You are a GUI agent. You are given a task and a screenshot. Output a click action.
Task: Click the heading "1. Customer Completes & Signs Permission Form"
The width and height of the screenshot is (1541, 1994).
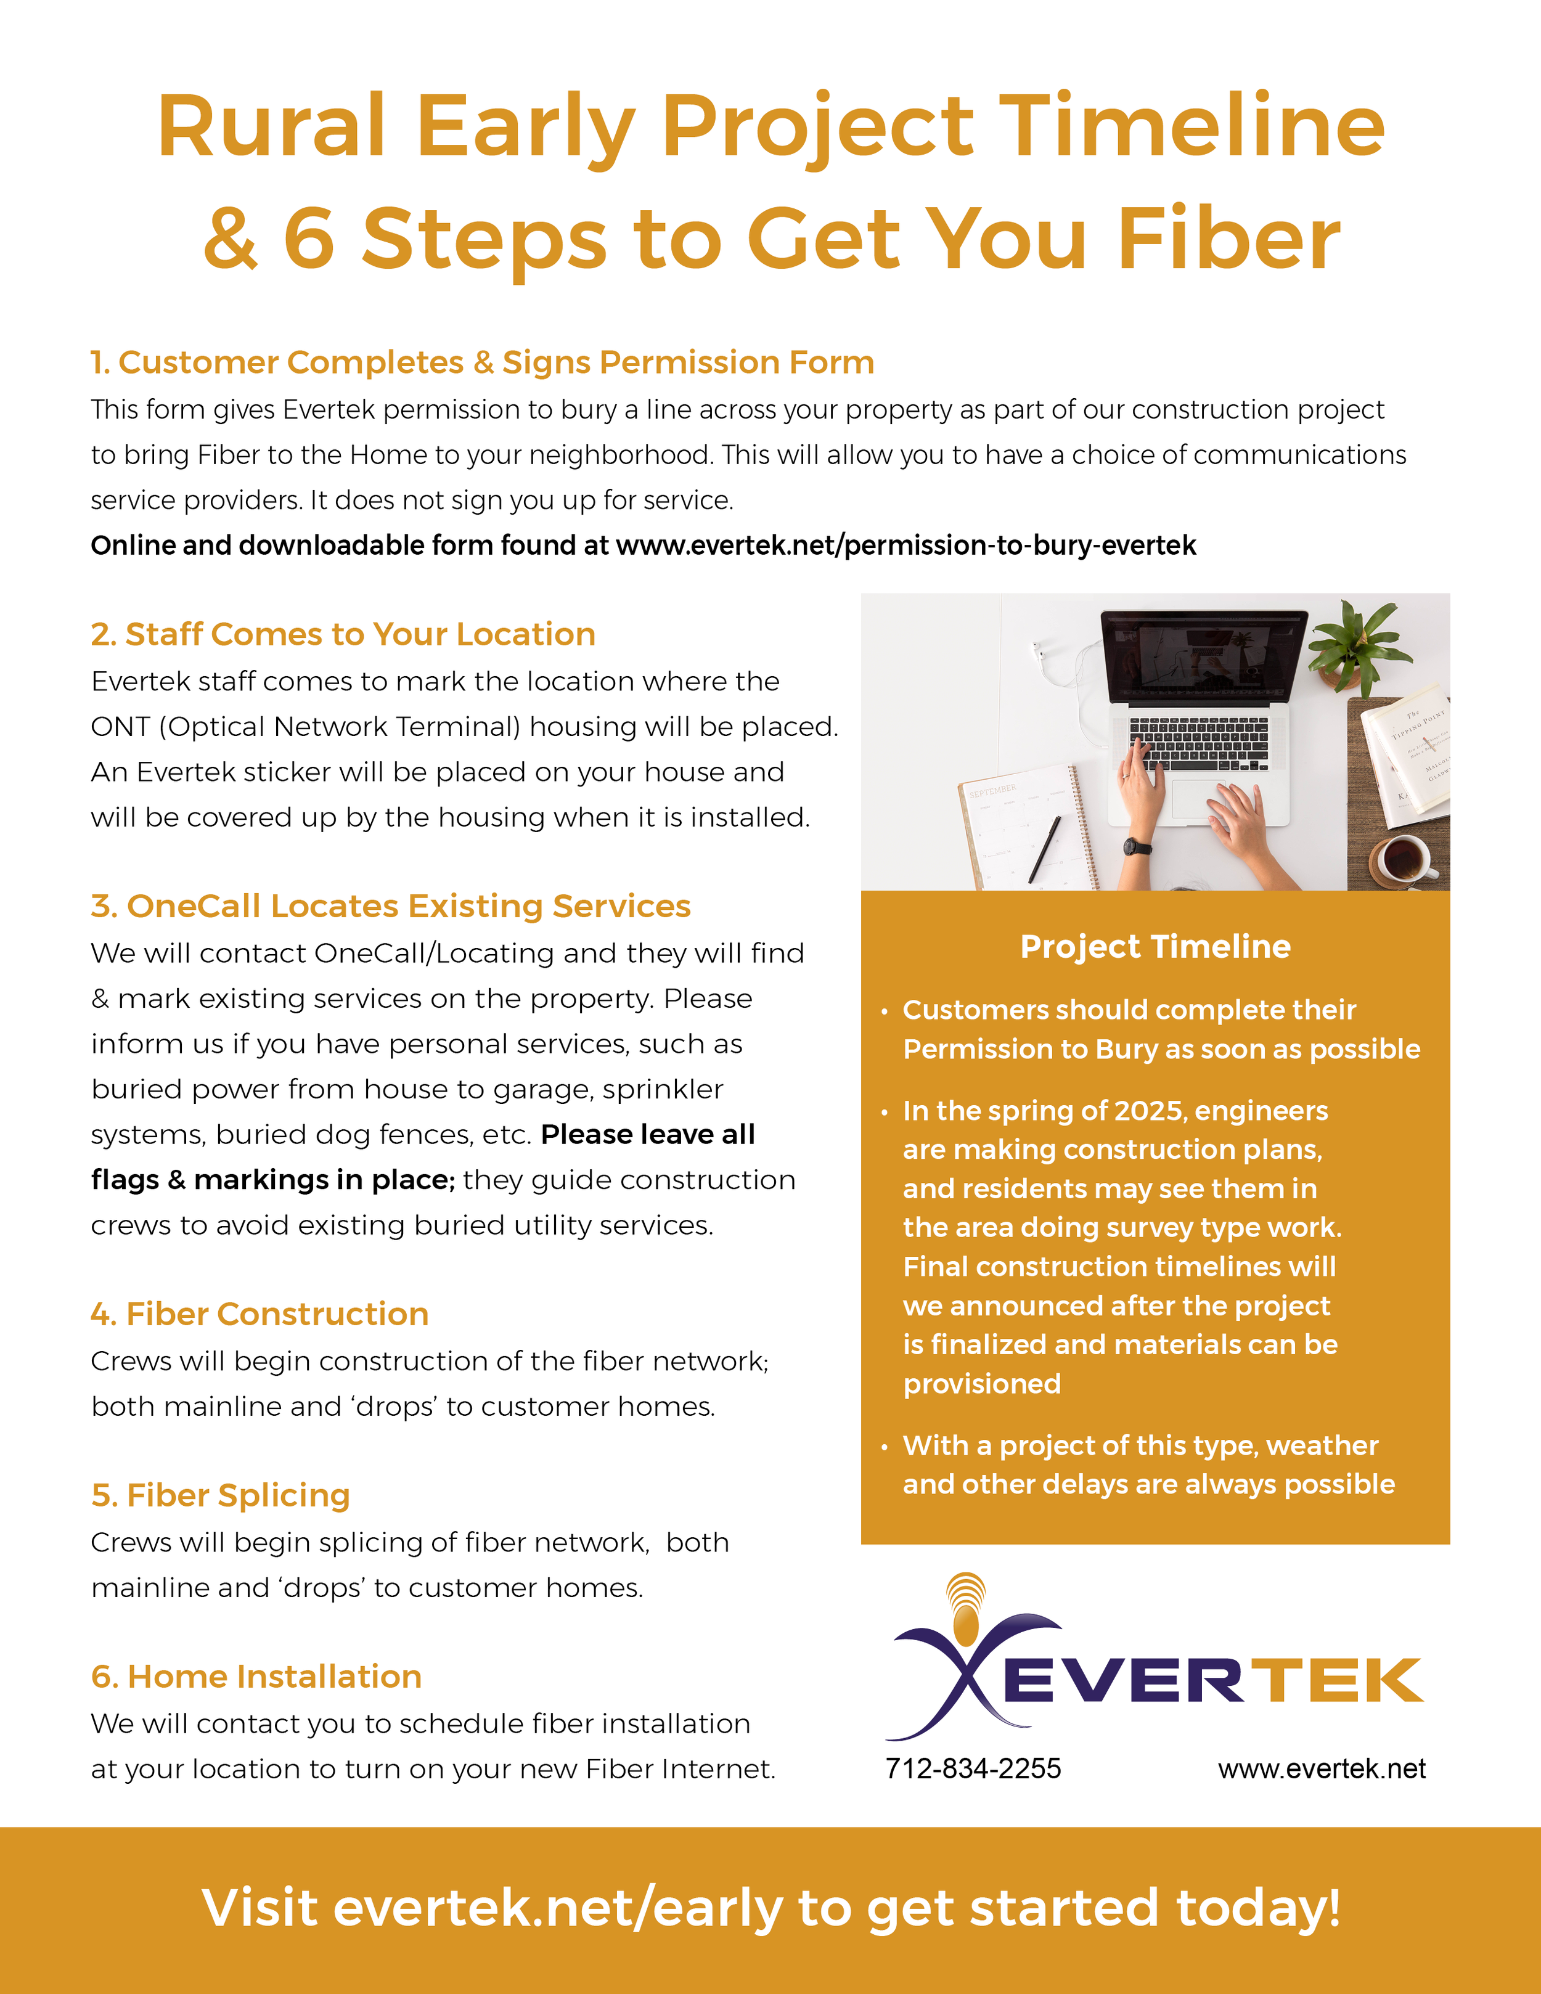pyautogui.click(x=482, y=362)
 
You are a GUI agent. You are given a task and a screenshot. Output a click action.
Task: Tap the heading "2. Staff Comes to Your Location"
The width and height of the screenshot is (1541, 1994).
pyautogui.click(x=343, y=634)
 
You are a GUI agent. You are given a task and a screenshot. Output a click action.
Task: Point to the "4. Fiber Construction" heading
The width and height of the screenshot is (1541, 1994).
pyautogui.click(x=260, y=1314)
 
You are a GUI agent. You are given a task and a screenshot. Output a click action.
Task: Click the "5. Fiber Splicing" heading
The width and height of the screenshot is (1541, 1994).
pyautogui.click(x=220, y=1495)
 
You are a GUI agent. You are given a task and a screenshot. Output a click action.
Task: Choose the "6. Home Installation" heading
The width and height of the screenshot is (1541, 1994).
pyautogui.click(x=256, y=1677)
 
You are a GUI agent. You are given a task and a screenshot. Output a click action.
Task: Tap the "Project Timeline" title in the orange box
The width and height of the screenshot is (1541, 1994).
pyautogui.click(x=1155, y=947)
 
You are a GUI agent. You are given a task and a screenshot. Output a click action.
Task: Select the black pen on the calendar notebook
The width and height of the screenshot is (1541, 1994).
pyautogui.click(x=1044, y=849)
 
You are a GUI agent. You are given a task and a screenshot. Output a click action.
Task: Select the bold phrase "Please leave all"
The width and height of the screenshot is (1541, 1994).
pyautogui.click(x=648, y=1134)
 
